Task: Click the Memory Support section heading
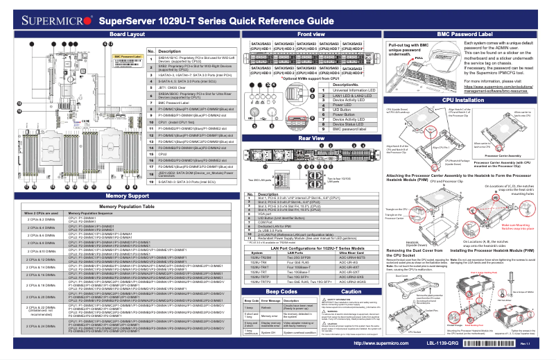point(116,177)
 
